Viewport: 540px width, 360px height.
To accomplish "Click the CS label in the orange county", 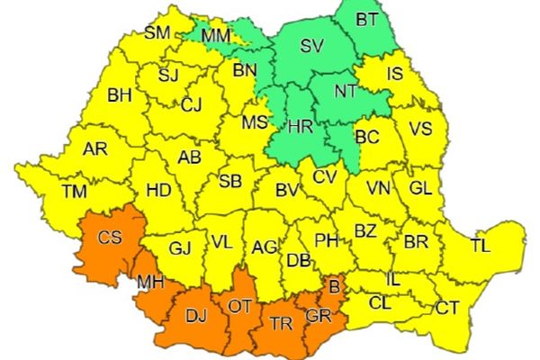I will pyautogui.click(x=110, y=238).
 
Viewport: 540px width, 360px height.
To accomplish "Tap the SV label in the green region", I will pyautogui.click(x=310, y=45).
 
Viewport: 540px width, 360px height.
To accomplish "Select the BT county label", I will pyautogui.click(x=367, y=18).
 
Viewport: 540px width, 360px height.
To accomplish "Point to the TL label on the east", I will pyautogui.click(x=482, y=244).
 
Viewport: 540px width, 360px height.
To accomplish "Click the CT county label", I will pyautogui.click(x=447, y=309).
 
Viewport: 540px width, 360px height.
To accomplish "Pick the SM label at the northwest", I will pyautogui.click(x=157, y=34).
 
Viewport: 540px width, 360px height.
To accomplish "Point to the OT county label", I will pyautogui.click(x=239, y=306).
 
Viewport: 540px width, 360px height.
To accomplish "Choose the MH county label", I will pyautogui.click(x=149, y=283).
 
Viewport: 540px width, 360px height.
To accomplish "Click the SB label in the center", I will pyautogui.click(x=230, y=182).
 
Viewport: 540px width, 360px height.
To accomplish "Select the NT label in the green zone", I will pyautogui.click(x=346, y=91).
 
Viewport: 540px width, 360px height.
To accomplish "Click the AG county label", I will pyautogui.click(x=264, y=246).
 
